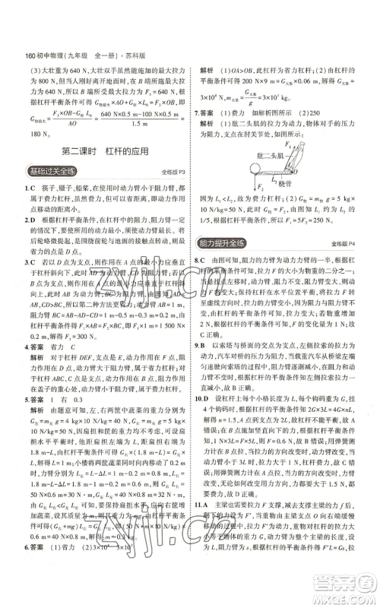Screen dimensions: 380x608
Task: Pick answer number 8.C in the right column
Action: (201, 259)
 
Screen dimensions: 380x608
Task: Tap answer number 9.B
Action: (201, 366)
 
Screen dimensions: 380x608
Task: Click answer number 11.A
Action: (204, 524)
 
